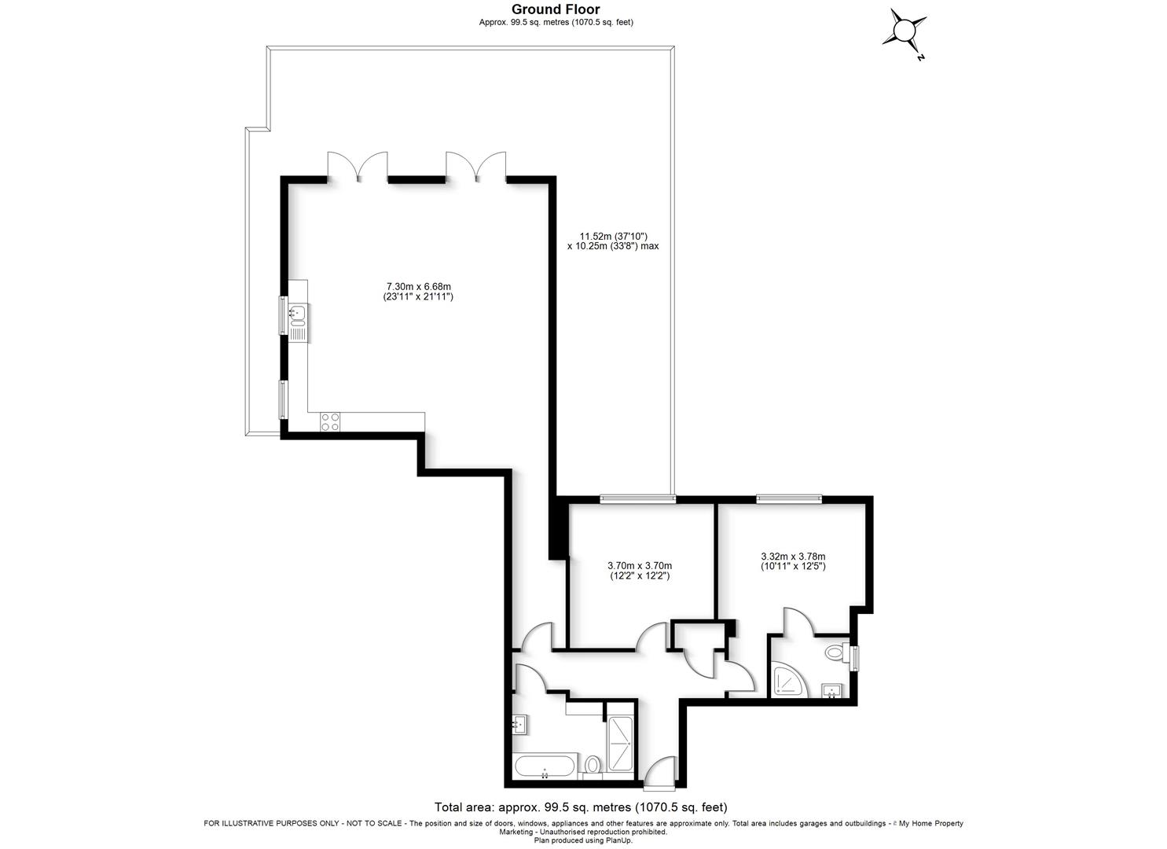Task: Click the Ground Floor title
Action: click(556, 9)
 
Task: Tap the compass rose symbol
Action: click(905, 30)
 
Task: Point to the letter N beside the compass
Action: click(921, 57)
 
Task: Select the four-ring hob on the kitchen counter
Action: click(330, 421)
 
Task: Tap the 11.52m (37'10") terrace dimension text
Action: click(613, 236)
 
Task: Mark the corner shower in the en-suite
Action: click(789, 681)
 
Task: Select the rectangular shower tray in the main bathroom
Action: click(620, 744)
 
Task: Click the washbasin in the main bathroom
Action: click(519, 725)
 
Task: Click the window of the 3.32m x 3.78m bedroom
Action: click(789, 498)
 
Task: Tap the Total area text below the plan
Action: click(581, 807)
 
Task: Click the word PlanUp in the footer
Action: click(619, 840)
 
